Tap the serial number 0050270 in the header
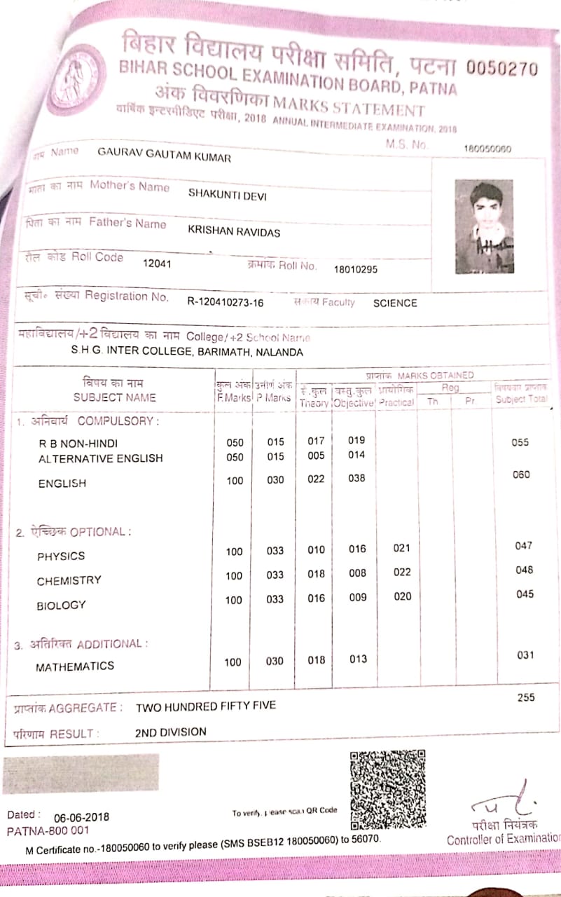point(501,69)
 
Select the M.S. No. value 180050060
point(487,149)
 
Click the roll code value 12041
point(157,264)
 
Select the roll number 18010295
point(356,269)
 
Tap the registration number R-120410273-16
point(226,302)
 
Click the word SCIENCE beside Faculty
point(395,303)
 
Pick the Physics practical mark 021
point(401,548)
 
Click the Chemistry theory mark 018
point(317,574)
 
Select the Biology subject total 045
point(524,594)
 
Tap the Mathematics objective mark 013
point(358,659)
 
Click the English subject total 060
point(521,474)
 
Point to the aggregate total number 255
point(525,697)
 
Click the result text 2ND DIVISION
point(171,732)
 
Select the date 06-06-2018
point(81,817)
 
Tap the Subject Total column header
point(520,399)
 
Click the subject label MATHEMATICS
point(75,666)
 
